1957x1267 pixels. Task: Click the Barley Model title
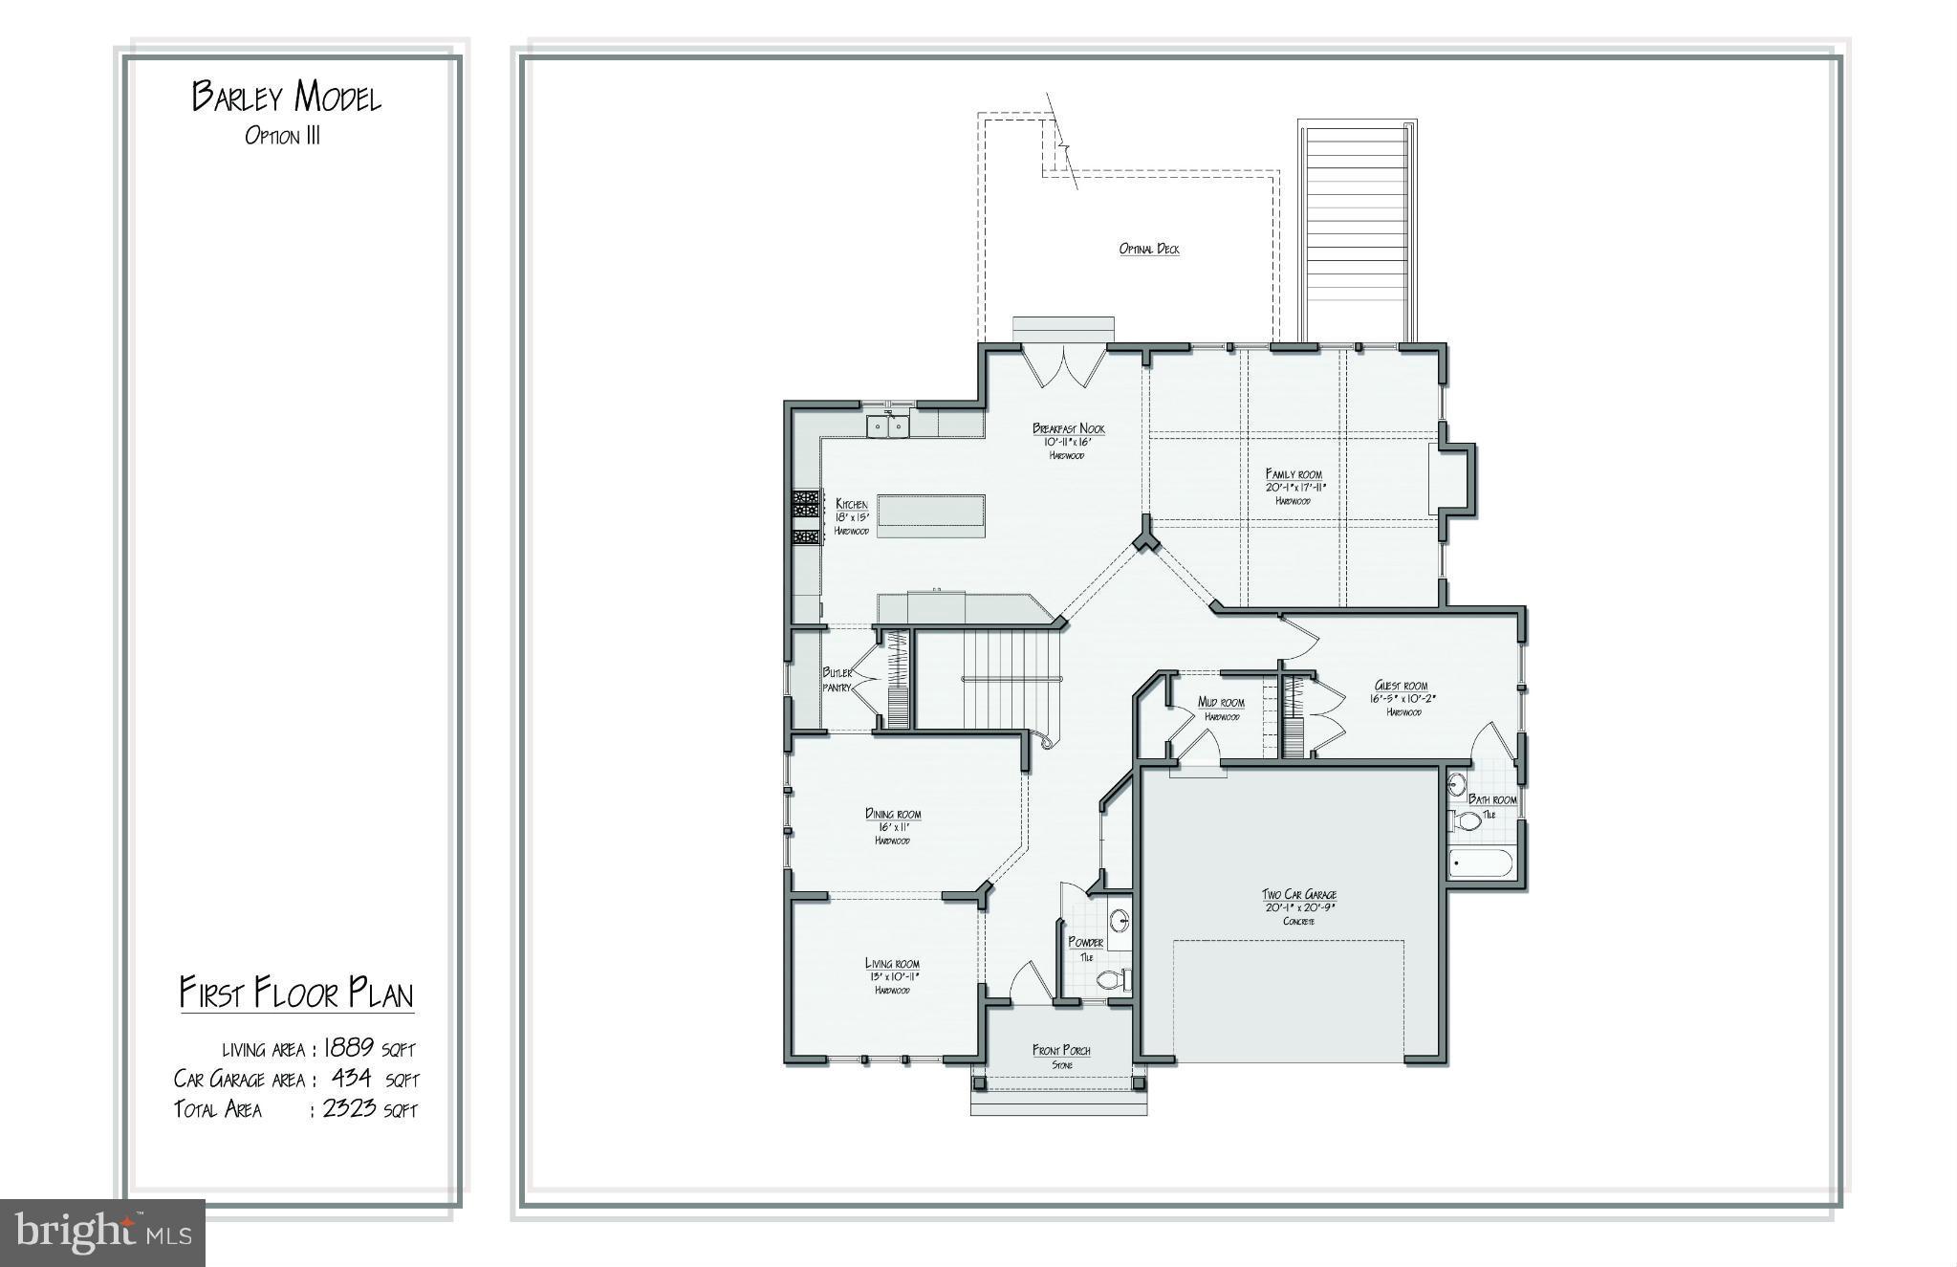[287, 97]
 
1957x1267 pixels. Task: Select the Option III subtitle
[282, 136]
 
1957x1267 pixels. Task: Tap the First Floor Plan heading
[296, 994]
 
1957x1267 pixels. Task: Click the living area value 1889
[347, 1047]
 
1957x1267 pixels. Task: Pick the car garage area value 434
[351, 1078]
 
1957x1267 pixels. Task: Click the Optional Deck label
[1149, 249]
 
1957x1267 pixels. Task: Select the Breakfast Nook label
[1068, 428]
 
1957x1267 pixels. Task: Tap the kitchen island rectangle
[930, 510]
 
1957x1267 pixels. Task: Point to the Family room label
[1294, 473]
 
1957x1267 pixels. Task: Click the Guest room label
[1401, 686]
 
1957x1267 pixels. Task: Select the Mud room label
[1221, 703]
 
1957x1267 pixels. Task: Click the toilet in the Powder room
[1112, 979]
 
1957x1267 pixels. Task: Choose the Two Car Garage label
[1298, 894]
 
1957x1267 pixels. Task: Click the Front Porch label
[1061, 1050]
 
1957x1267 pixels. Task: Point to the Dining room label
[893, 814]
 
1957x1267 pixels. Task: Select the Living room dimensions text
[892, 976]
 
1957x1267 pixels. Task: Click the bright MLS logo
[102, 1233]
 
